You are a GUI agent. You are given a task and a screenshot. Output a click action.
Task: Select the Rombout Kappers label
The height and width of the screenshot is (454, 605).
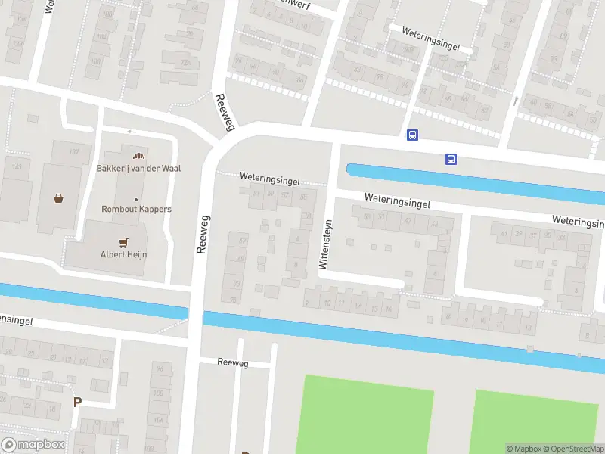136,209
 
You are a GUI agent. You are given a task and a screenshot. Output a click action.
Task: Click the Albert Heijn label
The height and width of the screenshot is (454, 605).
123,254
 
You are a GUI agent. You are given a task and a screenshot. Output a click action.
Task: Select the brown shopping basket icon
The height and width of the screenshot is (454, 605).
58,199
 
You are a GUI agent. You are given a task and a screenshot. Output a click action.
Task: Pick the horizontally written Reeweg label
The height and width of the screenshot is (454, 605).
232,363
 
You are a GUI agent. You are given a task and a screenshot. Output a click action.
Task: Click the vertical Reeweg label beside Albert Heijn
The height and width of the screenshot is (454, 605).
201,238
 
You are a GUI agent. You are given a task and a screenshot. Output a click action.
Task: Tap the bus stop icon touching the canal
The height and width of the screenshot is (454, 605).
451,159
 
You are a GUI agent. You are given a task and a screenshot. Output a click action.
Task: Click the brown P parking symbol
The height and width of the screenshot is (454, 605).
76,402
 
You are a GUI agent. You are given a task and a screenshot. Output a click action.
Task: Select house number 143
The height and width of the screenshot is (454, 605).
17,166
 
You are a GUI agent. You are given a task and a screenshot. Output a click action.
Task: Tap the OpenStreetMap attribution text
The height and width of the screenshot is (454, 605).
573,449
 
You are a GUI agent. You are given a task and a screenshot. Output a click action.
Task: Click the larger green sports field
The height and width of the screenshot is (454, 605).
368,414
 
